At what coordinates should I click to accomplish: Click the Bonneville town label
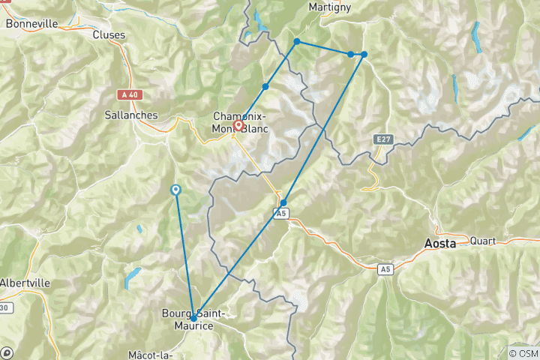(31, 24)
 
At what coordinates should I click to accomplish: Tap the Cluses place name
(109, 34)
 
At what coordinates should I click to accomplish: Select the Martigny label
(330, 7)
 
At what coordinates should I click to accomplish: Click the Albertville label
(25, 283)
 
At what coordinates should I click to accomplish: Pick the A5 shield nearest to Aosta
(385, 268)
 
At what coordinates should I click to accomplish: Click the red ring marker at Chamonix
(238, 126)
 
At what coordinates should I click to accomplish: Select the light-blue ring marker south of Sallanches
(175, 190)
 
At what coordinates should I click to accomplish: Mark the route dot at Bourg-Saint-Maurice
(193, 318)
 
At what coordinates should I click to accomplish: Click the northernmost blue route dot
(297, 41)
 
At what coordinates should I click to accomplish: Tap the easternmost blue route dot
(364, 54)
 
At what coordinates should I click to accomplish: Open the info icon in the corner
(7, 352)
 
